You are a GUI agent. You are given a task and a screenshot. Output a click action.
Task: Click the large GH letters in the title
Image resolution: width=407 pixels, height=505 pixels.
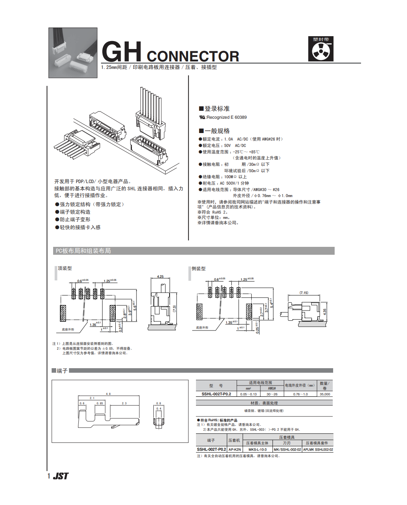point(121,52)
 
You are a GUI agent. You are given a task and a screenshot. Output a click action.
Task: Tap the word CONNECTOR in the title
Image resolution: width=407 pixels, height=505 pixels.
point(193,57)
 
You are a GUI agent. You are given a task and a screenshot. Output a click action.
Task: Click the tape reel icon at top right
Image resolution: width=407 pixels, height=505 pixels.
point(321,51)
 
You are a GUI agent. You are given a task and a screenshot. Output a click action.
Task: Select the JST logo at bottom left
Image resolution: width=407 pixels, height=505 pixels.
point(61,476)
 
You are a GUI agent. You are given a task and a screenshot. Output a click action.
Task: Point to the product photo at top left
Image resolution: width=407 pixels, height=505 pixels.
point(73,53)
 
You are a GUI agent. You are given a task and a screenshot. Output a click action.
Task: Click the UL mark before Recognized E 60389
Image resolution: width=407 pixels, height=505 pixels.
point(202,117)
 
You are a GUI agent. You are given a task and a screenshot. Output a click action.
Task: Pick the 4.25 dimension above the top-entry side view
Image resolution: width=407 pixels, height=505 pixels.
point(160,277)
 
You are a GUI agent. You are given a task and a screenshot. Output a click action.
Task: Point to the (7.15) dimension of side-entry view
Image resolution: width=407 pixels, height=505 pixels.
point(304,292)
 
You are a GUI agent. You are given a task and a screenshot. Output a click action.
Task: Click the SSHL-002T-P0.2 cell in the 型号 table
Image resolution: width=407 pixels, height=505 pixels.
point(216,394)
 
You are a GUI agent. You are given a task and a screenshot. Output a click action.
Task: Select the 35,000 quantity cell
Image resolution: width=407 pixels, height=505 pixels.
point(325,394)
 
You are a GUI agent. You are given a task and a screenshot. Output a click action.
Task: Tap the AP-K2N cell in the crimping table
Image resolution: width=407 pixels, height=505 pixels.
point(235,450)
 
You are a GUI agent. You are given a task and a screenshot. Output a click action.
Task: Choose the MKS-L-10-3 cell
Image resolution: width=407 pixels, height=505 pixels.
point(257,450)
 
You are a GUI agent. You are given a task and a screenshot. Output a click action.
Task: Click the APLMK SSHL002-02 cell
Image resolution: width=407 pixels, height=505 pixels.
point(318,450)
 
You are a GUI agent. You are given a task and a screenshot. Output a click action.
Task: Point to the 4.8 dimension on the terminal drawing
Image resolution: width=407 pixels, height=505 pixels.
point(108,394)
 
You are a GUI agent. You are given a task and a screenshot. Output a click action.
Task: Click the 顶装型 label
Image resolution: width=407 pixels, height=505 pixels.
point(65,268)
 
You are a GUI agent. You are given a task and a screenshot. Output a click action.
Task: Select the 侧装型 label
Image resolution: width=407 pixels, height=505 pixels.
point(199,269)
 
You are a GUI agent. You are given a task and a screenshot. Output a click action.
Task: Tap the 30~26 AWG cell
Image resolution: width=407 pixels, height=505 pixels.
point(272,394)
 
